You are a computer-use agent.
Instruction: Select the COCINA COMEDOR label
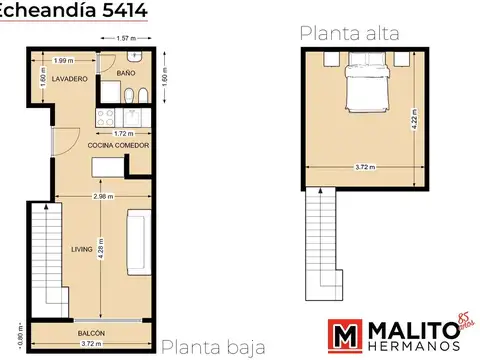pos(119,146)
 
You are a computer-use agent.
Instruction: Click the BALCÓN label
pos(92,332)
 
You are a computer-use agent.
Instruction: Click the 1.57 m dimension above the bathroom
pos(126,39)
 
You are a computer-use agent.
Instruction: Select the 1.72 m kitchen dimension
pos(124,133)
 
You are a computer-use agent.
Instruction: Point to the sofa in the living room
pos(139,240)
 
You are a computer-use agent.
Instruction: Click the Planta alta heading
pos(349,33)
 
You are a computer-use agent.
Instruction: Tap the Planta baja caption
pos(213,347)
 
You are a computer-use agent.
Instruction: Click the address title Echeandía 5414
pos(74,10)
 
